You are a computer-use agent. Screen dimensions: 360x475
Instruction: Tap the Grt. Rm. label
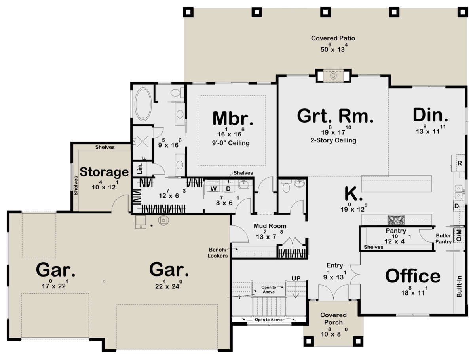click(x=335, y=116)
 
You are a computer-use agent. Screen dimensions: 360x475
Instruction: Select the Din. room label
click(x=431, y=115)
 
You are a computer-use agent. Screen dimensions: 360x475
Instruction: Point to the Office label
click(x=412, y=276)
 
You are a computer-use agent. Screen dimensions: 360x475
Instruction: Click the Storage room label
click(x=104, y=172)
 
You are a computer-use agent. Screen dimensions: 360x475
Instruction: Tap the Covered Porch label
click(x=333, y=318)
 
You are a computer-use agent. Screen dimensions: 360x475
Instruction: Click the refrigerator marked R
click(x=460, y=163)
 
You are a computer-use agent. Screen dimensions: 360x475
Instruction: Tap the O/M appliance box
click(x=459, y=235)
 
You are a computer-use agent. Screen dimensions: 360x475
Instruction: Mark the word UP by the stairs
click(x=296, y=279)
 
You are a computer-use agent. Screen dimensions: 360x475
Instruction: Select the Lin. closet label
click(x=140, y=170)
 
